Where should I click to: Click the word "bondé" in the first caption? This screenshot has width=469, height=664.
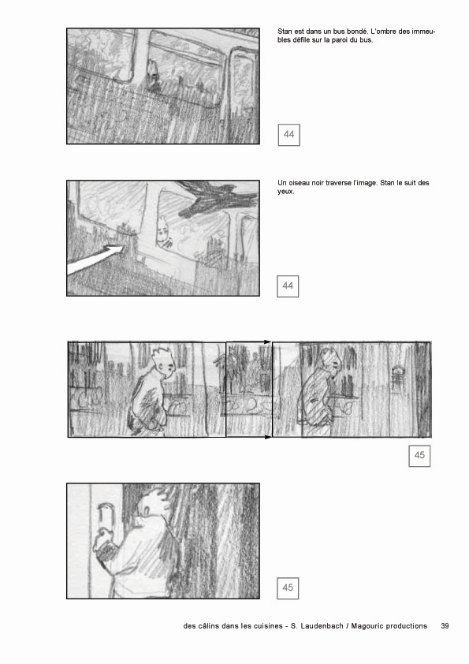coord(357,32)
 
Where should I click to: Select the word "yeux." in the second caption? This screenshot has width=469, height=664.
coord(285,192)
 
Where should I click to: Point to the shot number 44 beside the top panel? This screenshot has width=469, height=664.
coord(289,135)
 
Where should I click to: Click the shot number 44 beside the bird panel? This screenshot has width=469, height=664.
coord(288,285)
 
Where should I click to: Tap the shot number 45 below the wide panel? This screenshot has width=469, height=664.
coord(419,456)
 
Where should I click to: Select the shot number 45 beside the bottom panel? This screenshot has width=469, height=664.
coord(288,588)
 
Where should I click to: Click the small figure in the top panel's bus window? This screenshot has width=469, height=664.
coord(151,74)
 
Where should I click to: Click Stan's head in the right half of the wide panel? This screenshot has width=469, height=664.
coord(330,362)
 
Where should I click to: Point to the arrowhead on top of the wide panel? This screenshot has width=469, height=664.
coord(267,341)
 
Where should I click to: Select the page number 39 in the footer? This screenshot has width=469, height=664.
coord(445,626)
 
